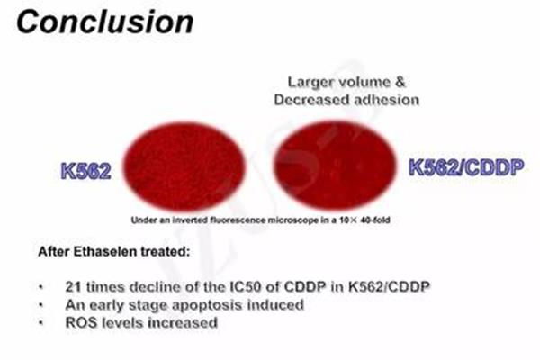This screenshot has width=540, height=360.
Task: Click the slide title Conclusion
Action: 105,22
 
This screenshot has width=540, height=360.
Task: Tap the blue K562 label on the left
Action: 86,171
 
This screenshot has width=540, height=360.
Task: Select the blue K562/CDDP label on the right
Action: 466,167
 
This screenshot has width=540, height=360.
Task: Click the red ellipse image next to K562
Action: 184,166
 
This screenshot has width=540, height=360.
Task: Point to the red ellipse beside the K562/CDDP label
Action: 335,165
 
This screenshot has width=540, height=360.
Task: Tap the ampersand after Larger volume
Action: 400,82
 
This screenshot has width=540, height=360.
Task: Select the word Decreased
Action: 312,100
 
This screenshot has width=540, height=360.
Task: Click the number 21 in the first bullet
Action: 74,286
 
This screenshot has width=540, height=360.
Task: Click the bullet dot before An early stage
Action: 41,305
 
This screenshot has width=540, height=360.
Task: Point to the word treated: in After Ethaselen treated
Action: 166,251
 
